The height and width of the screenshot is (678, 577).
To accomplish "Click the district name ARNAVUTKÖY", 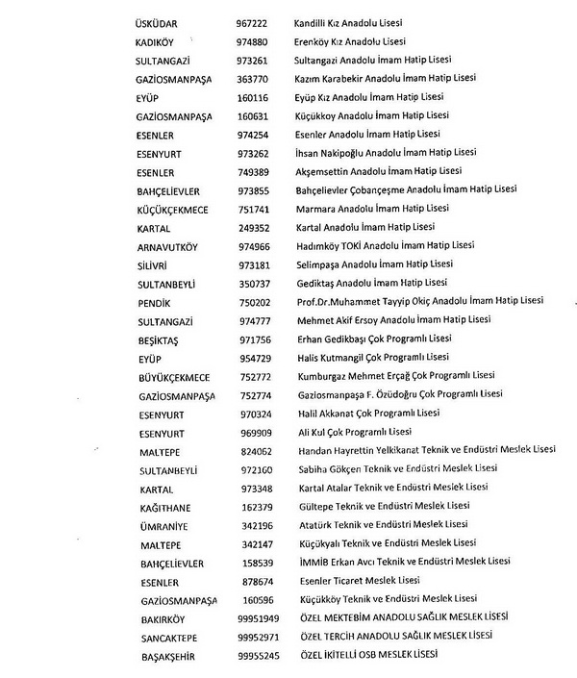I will coord(168,247).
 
